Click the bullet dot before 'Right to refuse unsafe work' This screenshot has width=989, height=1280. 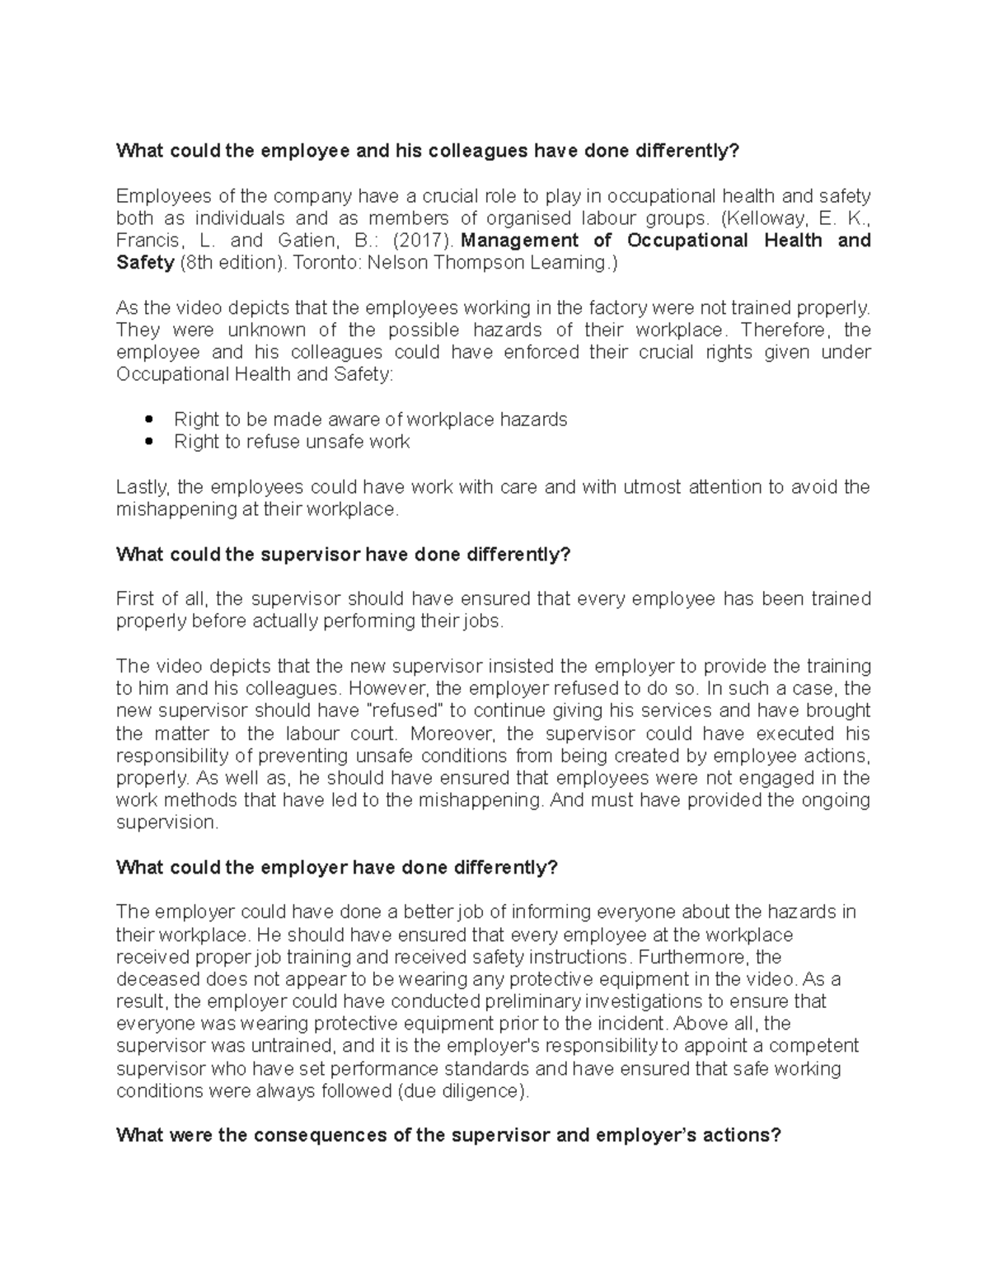149,442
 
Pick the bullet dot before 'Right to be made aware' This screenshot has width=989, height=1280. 149,420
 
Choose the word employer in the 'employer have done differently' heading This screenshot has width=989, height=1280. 304,867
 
